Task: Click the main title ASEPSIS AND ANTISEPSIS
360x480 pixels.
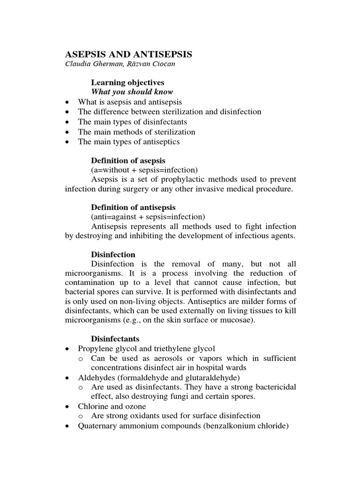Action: (x=128, y=54)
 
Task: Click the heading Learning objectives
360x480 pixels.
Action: (x=127, y=82)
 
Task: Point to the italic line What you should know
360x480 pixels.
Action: (x=132, y=92)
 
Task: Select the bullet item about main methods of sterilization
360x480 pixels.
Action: (x=136, y=132)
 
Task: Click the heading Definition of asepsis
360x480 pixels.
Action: (x=128, y=161)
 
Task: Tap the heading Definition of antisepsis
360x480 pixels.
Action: (x=133, y=207)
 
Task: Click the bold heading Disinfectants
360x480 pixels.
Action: (x=115, y=338)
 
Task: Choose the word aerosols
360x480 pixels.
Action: (x=159, y=358)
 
